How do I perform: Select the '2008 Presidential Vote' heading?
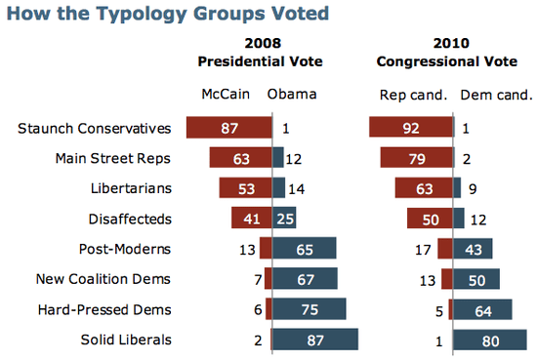coord(260,52)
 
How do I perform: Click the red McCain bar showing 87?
coord(230,128)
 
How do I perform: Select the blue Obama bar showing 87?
coord(314,340)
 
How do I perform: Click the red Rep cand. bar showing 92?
coord(411,128)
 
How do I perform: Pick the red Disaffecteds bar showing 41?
coord(251,219)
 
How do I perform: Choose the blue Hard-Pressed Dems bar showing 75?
coord(309,309)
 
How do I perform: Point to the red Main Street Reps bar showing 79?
coord(417,158)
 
